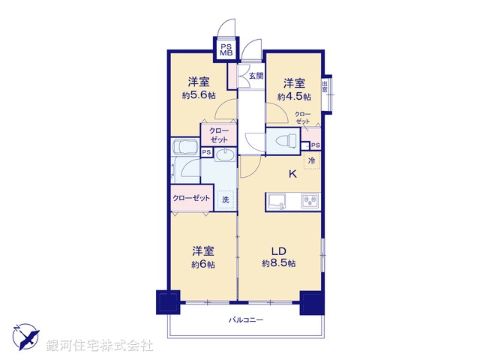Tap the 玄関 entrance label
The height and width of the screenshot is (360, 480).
point(256,76)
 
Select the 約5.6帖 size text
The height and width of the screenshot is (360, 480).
point(198,96)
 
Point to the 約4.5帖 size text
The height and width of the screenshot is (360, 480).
point(292,96)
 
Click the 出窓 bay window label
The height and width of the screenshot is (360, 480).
point(325,85)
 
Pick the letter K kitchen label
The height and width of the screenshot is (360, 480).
point(294,176)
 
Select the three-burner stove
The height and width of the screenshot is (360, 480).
point(309,200)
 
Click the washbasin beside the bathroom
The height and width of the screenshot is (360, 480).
point(226,155)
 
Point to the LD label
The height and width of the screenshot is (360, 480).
point(279,250)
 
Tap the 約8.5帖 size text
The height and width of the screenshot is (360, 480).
point(279,264)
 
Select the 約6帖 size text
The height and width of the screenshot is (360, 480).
point(202,264)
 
